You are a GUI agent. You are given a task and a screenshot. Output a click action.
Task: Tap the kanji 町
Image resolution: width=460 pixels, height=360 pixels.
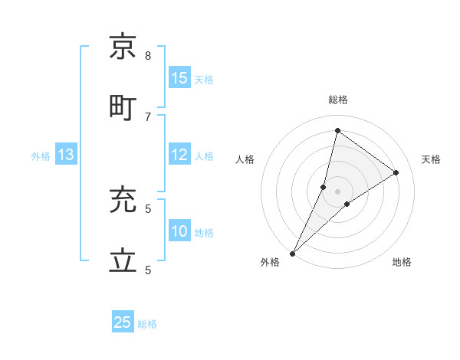pos(123,106)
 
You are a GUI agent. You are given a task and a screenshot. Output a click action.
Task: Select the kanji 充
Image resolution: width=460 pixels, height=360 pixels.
pos(123,201)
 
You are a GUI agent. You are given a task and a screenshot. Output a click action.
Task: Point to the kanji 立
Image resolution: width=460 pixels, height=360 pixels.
pos(123,260)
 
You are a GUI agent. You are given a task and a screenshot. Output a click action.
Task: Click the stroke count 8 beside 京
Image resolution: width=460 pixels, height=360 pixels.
pos(148,56)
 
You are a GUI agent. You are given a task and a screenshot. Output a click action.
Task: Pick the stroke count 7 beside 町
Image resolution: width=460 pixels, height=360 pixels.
pos(148,116)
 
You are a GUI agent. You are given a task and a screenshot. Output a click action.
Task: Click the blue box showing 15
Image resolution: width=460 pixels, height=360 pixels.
pos(179,77)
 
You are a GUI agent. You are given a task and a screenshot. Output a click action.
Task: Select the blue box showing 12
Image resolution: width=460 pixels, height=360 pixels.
pos(179,155)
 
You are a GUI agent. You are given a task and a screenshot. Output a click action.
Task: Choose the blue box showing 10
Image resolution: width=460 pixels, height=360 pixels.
pos(179,231)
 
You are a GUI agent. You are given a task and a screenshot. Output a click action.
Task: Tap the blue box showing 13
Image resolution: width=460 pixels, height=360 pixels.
pos(66,155)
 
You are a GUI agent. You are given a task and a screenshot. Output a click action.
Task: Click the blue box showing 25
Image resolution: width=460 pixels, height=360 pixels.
pos(123,322)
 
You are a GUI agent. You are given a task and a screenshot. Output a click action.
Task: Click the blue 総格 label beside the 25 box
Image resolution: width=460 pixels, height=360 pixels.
pos(147,324)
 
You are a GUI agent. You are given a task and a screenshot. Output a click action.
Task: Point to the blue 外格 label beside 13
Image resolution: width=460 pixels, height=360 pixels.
pos(41,156)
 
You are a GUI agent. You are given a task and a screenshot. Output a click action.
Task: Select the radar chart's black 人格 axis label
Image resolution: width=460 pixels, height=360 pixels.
pos(245,159)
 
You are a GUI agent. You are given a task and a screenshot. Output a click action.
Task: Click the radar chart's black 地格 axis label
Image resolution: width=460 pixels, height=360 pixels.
pos(402,262)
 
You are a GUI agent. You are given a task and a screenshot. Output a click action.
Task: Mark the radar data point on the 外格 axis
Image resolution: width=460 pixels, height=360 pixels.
pos(293,253)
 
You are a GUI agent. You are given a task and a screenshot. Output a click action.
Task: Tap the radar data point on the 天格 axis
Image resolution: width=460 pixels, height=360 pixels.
pos(396,173)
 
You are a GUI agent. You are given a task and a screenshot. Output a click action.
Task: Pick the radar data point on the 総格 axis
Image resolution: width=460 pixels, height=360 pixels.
pos(337,130)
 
